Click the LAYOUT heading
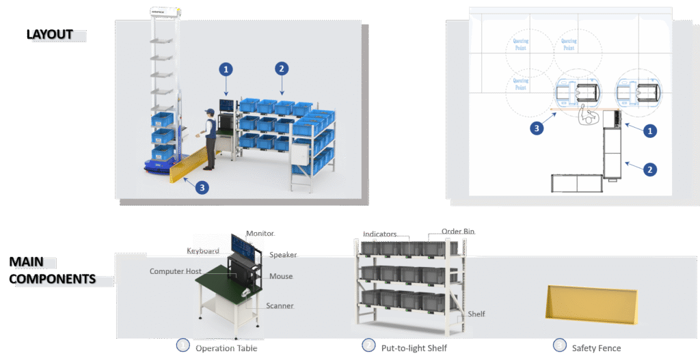(49, 34)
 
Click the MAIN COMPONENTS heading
(51, 271)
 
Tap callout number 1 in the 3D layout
(226, 69)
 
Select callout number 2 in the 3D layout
(281, 68)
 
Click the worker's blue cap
(208, 112)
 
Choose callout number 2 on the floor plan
(651, 169)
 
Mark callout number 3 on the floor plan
(539, 126)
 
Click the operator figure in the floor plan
(585, 116)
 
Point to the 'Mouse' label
(281, 276)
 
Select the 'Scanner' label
(280, 305)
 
